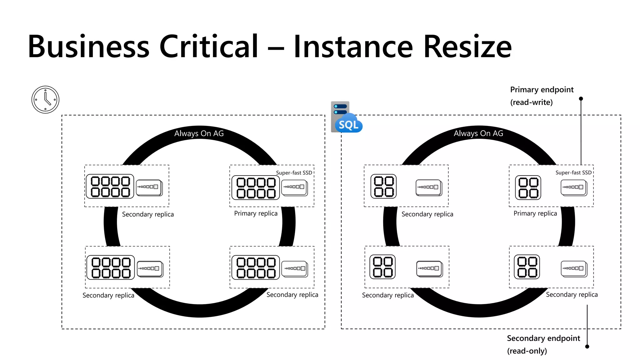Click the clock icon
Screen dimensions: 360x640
[x=45, y=100]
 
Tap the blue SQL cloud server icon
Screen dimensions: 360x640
[x=346, y=118]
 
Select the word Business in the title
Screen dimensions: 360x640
[x=89, y=47]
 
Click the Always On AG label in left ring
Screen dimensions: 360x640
[x=199, y=133]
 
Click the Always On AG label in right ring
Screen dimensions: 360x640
[x=478, y=133]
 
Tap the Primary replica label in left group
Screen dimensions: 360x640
[x=256, y=213]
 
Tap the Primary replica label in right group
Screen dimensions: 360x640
[x=535, y=213]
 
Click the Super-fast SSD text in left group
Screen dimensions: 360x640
[x=294, y=173]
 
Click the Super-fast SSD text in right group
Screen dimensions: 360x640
[x=573, y=173]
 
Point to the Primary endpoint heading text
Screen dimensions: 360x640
[x=542, y=90]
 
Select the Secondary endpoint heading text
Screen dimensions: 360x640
[x=543, y=338]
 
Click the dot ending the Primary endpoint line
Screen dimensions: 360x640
[x=581, y=99]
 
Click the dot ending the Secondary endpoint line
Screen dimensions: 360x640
[x=587, y=346]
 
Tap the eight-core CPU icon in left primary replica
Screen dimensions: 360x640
[x=256, y=188]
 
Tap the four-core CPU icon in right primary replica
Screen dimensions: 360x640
[x=528, y=187]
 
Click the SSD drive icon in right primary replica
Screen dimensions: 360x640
[x=574, y=187]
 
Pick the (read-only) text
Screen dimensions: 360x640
[x=527, y=351]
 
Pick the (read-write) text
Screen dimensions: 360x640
[x=531, y=102]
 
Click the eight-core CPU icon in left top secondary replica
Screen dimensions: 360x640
[x=110, y=187]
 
